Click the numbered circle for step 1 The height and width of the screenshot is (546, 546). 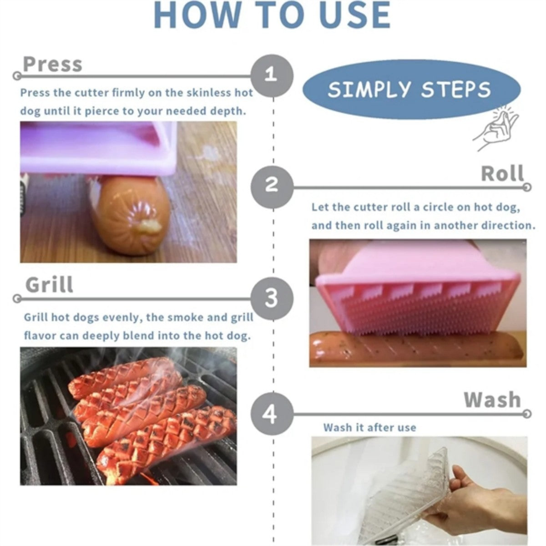pos(272,75)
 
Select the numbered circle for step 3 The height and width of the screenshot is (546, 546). pos(272,298)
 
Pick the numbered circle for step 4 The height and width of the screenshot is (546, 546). pos(272,414)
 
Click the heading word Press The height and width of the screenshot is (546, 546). pos(52,65)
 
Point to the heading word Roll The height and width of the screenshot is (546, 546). pos(502,174)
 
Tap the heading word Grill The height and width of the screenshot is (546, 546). pos(49,285)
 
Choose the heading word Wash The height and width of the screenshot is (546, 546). pos(492,399)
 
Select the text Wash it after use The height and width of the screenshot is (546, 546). pos(369,428)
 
